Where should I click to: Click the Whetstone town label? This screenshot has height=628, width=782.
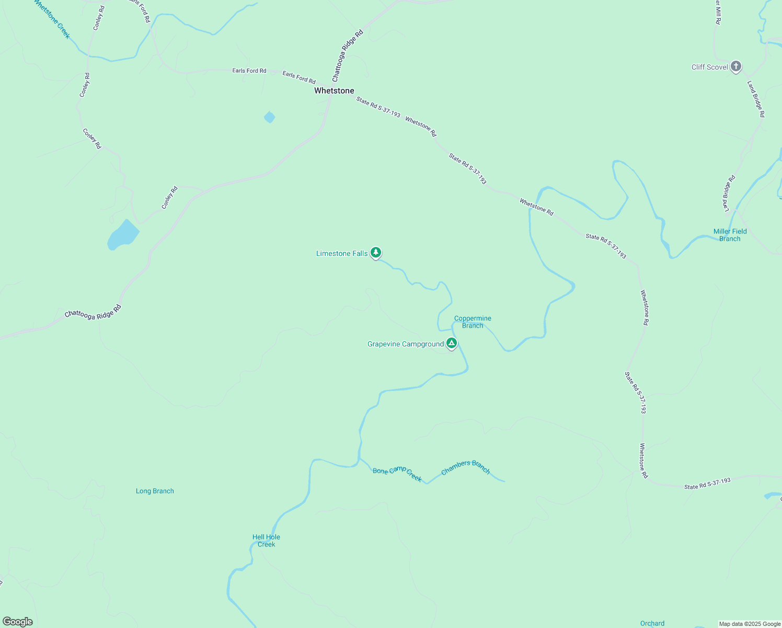coord(334,91)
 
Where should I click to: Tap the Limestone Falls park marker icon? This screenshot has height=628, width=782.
coord(375,253)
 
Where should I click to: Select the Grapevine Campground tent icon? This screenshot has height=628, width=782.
coord(452,343)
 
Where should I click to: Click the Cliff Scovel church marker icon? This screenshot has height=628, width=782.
coord(736,66)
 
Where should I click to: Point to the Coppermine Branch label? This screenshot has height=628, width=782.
coord(473,322)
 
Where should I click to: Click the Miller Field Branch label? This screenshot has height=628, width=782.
coord(730,235)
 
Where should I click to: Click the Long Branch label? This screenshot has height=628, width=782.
coord(155,491)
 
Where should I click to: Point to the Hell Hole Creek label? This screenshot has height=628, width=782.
coord(266,541)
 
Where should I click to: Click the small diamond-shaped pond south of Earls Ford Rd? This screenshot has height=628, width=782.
coord(270,117)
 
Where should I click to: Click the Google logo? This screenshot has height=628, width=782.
coord(18,622)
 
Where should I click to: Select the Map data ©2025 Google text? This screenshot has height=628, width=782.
coord(750,624)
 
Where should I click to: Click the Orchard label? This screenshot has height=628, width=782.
coord(652,623)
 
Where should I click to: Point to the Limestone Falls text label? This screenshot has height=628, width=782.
coord(342,253)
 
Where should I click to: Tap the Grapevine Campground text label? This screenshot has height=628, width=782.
coord(406,344)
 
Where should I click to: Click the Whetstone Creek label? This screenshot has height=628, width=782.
coord(52,19)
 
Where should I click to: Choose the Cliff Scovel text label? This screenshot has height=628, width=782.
coord(709,67)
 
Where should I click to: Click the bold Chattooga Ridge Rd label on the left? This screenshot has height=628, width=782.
coord(93,311)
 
